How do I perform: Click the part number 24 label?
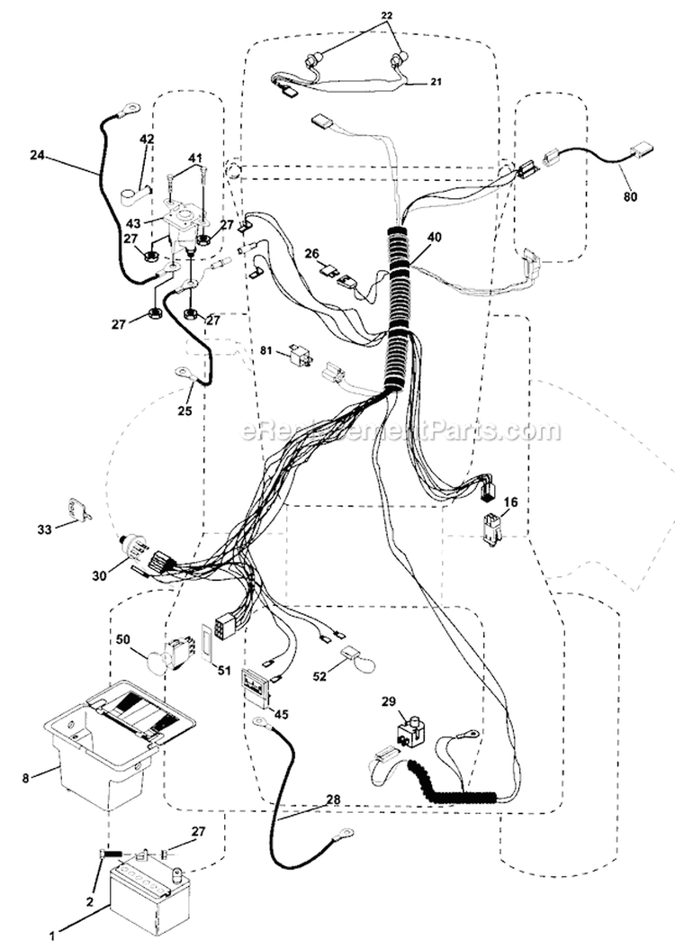point(37,156)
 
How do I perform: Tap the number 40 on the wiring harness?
point(434,237)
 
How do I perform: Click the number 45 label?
point(282,714)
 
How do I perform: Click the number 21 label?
point(435,82)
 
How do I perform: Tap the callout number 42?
point(146,139)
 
